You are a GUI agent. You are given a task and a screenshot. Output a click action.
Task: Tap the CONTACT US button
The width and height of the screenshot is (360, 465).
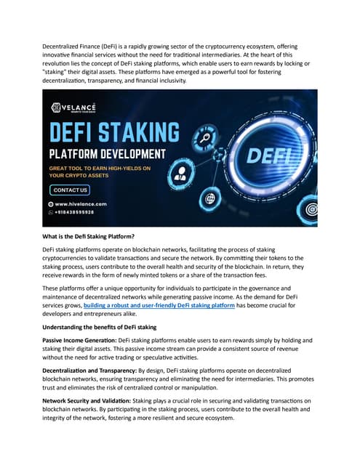[71, 190]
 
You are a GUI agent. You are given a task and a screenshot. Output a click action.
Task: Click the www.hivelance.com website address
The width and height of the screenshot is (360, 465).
[80, 204]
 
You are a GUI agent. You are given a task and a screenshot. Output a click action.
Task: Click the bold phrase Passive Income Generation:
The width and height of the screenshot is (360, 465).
[79, 339]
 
